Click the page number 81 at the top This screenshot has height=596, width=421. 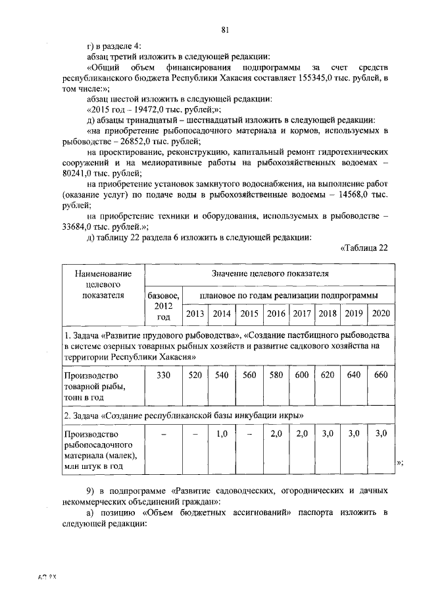225,30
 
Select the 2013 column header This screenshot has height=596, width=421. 195,313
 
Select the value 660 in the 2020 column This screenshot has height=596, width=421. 381,375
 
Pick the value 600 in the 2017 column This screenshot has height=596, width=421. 301,375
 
